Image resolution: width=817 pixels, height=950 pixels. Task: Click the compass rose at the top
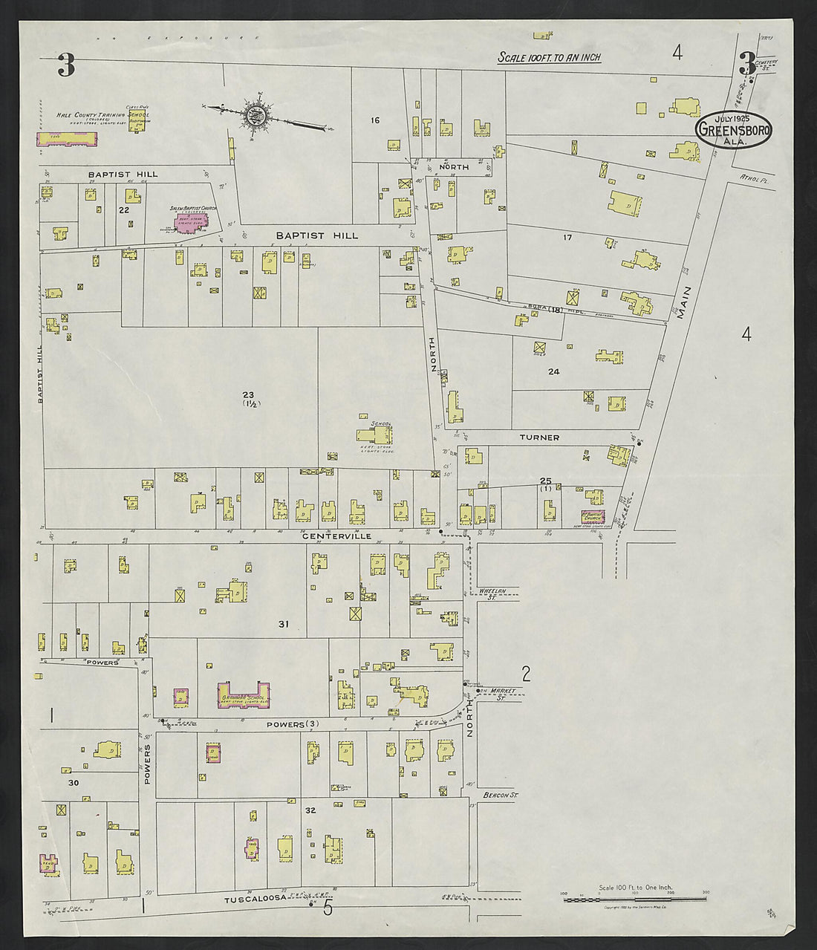(x=256, y=116)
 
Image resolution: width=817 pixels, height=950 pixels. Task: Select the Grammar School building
(x=243, y=695)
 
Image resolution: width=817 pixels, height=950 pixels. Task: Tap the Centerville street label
(x=336, y=535)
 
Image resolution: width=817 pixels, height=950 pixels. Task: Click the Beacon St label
(x=498, y=795)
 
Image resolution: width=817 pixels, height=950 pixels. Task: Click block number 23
(x=247, y=394)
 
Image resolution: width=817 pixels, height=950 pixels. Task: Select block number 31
(x=283, y=624)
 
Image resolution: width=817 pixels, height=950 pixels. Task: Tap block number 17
(x=567, y=238)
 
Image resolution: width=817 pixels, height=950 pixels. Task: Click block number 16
(x=375, y=120)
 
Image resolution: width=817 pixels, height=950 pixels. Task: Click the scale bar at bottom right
(x=637, y=899)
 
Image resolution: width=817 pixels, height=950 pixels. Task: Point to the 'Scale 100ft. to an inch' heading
(x=549, y=57)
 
